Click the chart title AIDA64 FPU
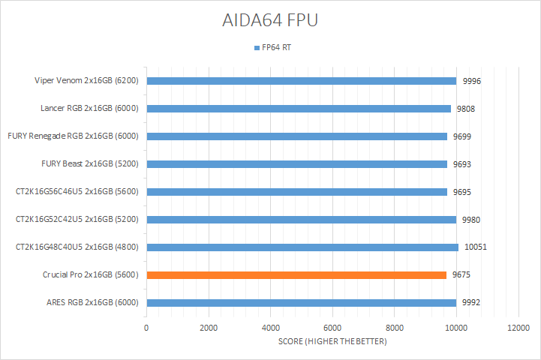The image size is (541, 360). pyautogui.click(x=270, y=20)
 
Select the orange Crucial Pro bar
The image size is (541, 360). pyautogui.click(x=296, y=275)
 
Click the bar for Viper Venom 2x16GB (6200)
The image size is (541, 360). pyautogui.click(x=301, y=81)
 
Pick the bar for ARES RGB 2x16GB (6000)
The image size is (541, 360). pyautogui.click(x=301, y=303)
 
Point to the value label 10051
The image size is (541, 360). pyautogui.click(x=475, y=247)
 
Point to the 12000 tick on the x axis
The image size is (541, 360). pyautogui.click(x=518, y=328)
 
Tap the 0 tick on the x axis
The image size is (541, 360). pyautogui.click(x=146, y=328)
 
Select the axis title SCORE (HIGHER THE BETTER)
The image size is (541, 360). pyautogui.click(x=332, y=342)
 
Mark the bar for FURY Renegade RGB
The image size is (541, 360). pyautogui.click(x=296, y=136)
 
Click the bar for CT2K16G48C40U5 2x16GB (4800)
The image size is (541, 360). pyautogui.click(x=302, y=247)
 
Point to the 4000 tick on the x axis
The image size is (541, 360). pyautogui.click(x=271, y=328)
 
